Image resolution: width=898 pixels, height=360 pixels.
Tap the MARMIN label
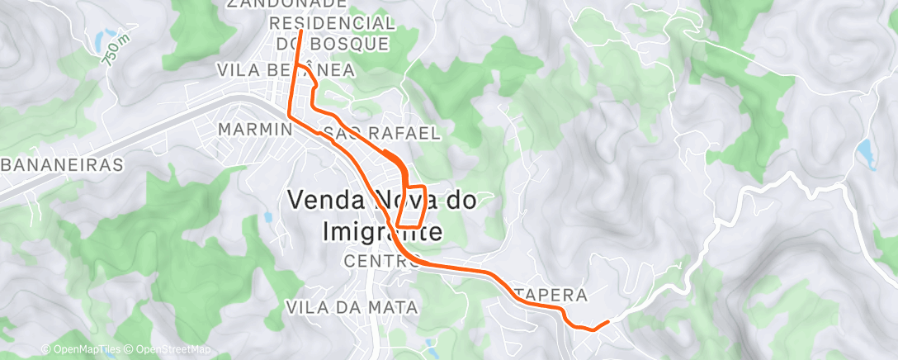(x=255, y=130)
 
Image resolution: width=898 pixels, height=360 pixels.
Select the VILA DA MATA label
(x=352, y=307)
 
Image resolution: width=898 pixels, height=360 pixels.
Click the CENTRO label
(x=376, y=261)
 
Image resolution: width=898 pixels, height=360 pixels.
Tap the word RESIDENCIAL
(x=332, y=22)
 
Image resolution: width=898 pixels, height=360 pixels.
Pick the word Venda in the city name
(x=328, y=199)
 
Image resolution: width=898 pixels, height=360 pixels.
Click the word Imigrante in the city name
(x=380, y=232)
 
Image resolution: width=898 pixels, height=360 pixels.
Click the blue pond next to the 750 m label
(x=99, y=40)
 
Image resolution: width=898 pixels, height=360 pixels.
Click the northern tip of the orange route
(x=300, y=31)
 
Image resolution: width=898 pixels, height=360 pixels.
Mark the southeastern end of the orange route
(x=607, y=322)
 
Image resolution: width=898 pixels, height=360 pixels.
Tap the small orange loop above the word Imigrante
(x=412, y=201)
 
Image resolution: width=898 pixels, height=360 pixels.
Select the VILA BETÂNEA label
(x=286, y=70)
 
